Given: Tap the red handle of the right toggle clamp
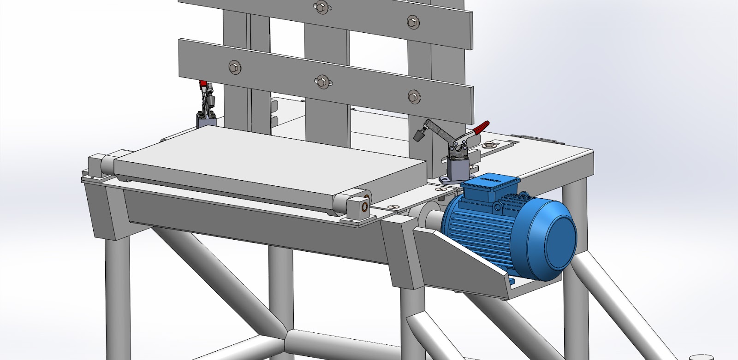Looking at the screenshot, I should pos(482,126).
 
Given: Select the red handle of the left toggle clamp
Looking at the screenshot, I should pos(202,84).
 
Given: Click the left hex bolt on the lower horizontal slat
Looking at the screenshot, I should pos(234,67).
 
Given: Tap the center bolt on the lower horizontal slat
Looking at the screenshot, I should pos(322,82).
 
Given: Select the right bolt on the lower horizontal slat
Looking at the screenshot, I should pos(413,97).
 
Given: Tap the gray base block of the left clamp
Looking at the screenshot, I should pos(206,122).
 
